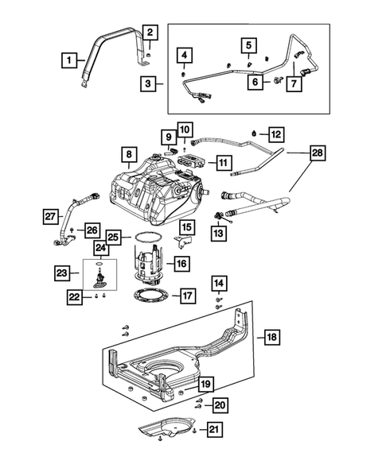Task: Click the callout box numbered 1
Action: click(x=70, y=59)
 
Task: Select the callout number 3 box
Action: click(x=148, y=82)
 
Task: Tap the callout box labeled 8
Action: click(x=128, y=153)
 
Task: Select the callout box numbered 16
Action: click(x=181, y=263)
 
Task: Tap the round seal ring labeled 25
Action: click(x=144, y=238)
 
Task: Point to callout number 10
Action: click(x=185, y=129)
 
